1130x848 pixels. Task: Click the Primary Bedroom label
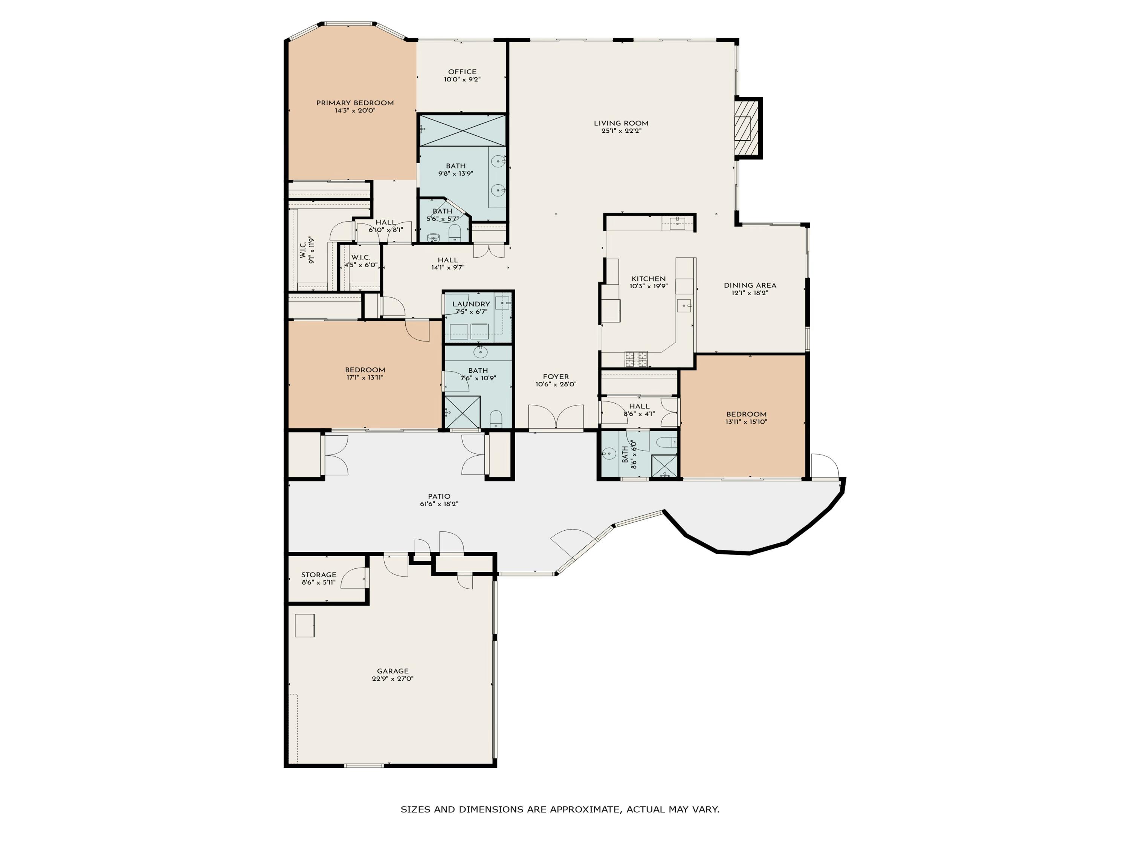click(355, 103)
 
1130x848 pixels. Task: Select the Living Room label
click(621, 123)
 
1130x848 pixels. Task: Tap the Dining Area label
click(750, 286)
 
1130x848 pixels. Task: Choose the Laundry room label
click(471, 304)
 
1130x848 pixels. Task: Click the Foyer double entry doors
click(556, 416)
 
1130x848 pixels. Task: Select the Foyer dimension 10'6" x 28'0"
click(556, 384)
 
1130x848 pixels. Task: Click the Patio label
click(439, 496)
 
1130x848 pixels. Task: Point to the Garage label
click(393, 671)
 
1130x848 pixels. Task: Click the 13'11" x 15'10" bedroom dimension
click(746, 422)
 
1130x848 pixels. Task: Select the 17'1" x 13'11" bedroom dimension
click(365, 378)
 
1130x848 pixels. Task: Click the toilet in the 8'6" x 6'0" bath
click(667, 442)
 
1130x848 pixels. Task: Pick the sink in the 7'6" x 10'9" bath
click(480, 352)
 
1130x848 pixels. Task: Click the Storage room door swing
click(353, 578)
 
